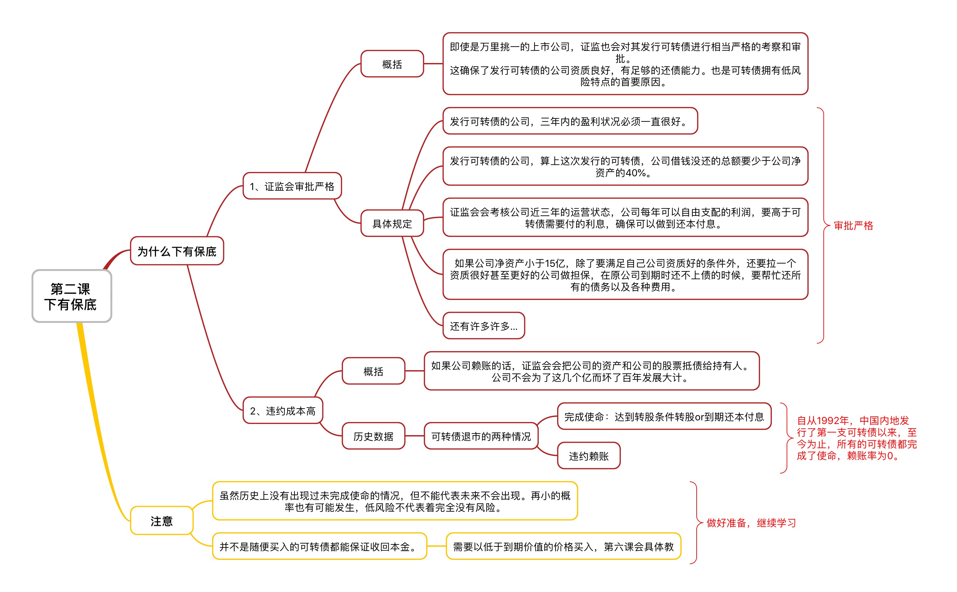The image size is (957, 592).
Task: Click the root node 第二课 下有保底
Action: tap(72, 296)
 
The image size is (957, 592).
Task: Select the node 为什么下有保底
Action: tap(177, 251)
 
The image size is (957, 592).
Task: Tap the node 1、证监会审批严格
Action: tap(292, 186)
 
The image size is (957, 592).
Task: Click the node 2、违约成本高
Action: tap(283, 410)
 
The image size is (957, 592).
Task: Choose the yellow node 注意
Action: tap(162, 521)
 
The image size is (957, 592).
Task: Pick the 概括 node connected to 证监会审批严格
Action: tap(392, 64)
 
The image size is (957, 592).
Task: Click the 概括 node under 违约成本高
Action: tap(373, 371)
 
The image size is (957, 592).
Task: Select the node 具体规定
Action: tap(392, 223)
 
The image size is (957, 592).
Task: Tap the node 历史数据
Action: tap(373, 436)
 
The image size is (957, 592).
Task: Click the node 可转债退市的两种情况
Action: tap(481, 436)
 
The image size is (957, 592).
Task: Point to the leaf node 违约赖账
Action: tap(589, 455)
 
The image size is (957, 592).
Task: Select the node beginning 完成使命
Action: tap(664, 416)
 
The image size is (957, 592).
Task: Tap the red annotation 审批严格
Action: tap(854, 225)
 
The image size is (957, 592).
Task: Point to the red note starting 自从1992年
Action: tap(857, 438)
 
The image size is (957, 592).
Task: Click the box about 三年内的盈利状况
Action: tap(570, 121)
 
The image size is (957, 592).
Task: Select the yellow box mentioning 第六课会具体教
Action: tap(564, 546)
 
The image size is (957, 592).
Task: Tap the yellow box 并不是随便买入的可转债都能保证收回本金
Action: tap(320, 546)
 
